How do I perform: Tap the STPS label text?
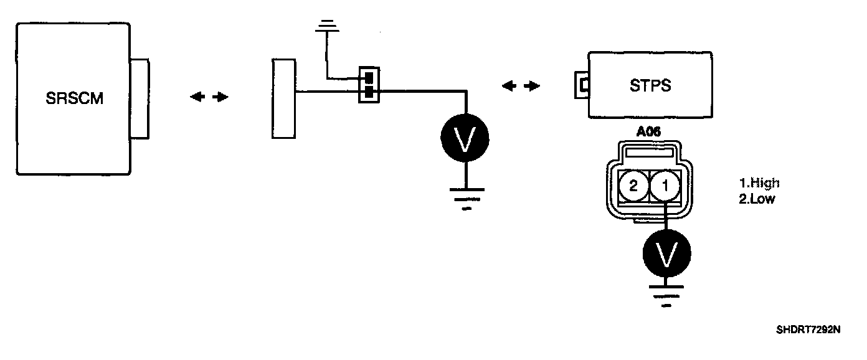click(650, 85)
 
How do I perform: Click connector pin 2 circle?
click(633, 186)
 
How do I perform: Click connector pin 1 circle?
click(665, 186)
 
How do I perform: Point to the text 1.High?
click(759, 183)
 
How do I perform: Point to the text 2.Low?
click(757, 199)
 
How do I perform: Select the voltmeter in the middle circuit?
click(465, 140)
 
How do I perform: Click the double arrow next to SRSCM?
click(209, 97)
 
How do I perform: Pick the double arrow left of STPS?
click(521, 86)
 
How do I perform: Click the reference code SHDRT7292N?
click(808, 329)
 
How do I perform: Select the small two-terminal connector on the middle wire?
click(369, 85)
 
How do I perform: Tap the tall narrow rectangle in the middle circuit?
click(283, 98)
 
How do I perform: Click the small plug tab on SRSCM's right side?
click(140, 98)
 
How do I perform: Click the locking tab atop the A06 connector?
click(650, 151)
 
